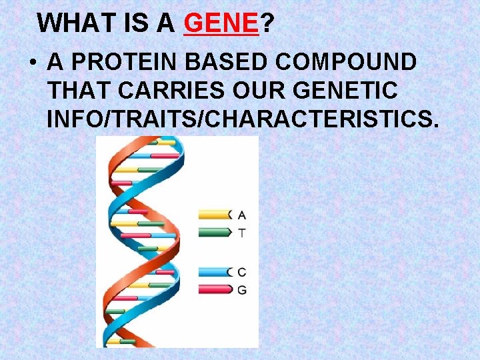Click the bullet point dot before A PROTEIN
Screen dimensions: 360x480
coord(33,63)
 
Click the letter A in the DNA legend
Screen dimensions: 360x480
coord(242,215)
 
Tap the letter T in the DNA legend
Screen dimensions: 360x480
coord(242,233)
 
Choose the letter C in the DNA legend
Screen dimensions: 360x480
coord(242,272)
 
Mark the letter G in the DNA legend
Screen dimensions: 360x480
coord(242,290)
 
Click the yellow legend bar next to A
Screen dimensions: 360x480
coord(214,215)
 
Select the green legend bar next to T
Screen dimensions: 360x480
coord(214,233)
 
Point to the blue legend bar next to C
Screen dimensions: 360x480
coord(214,272)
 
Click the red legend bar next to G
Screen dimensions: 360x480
coord(214,290)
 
